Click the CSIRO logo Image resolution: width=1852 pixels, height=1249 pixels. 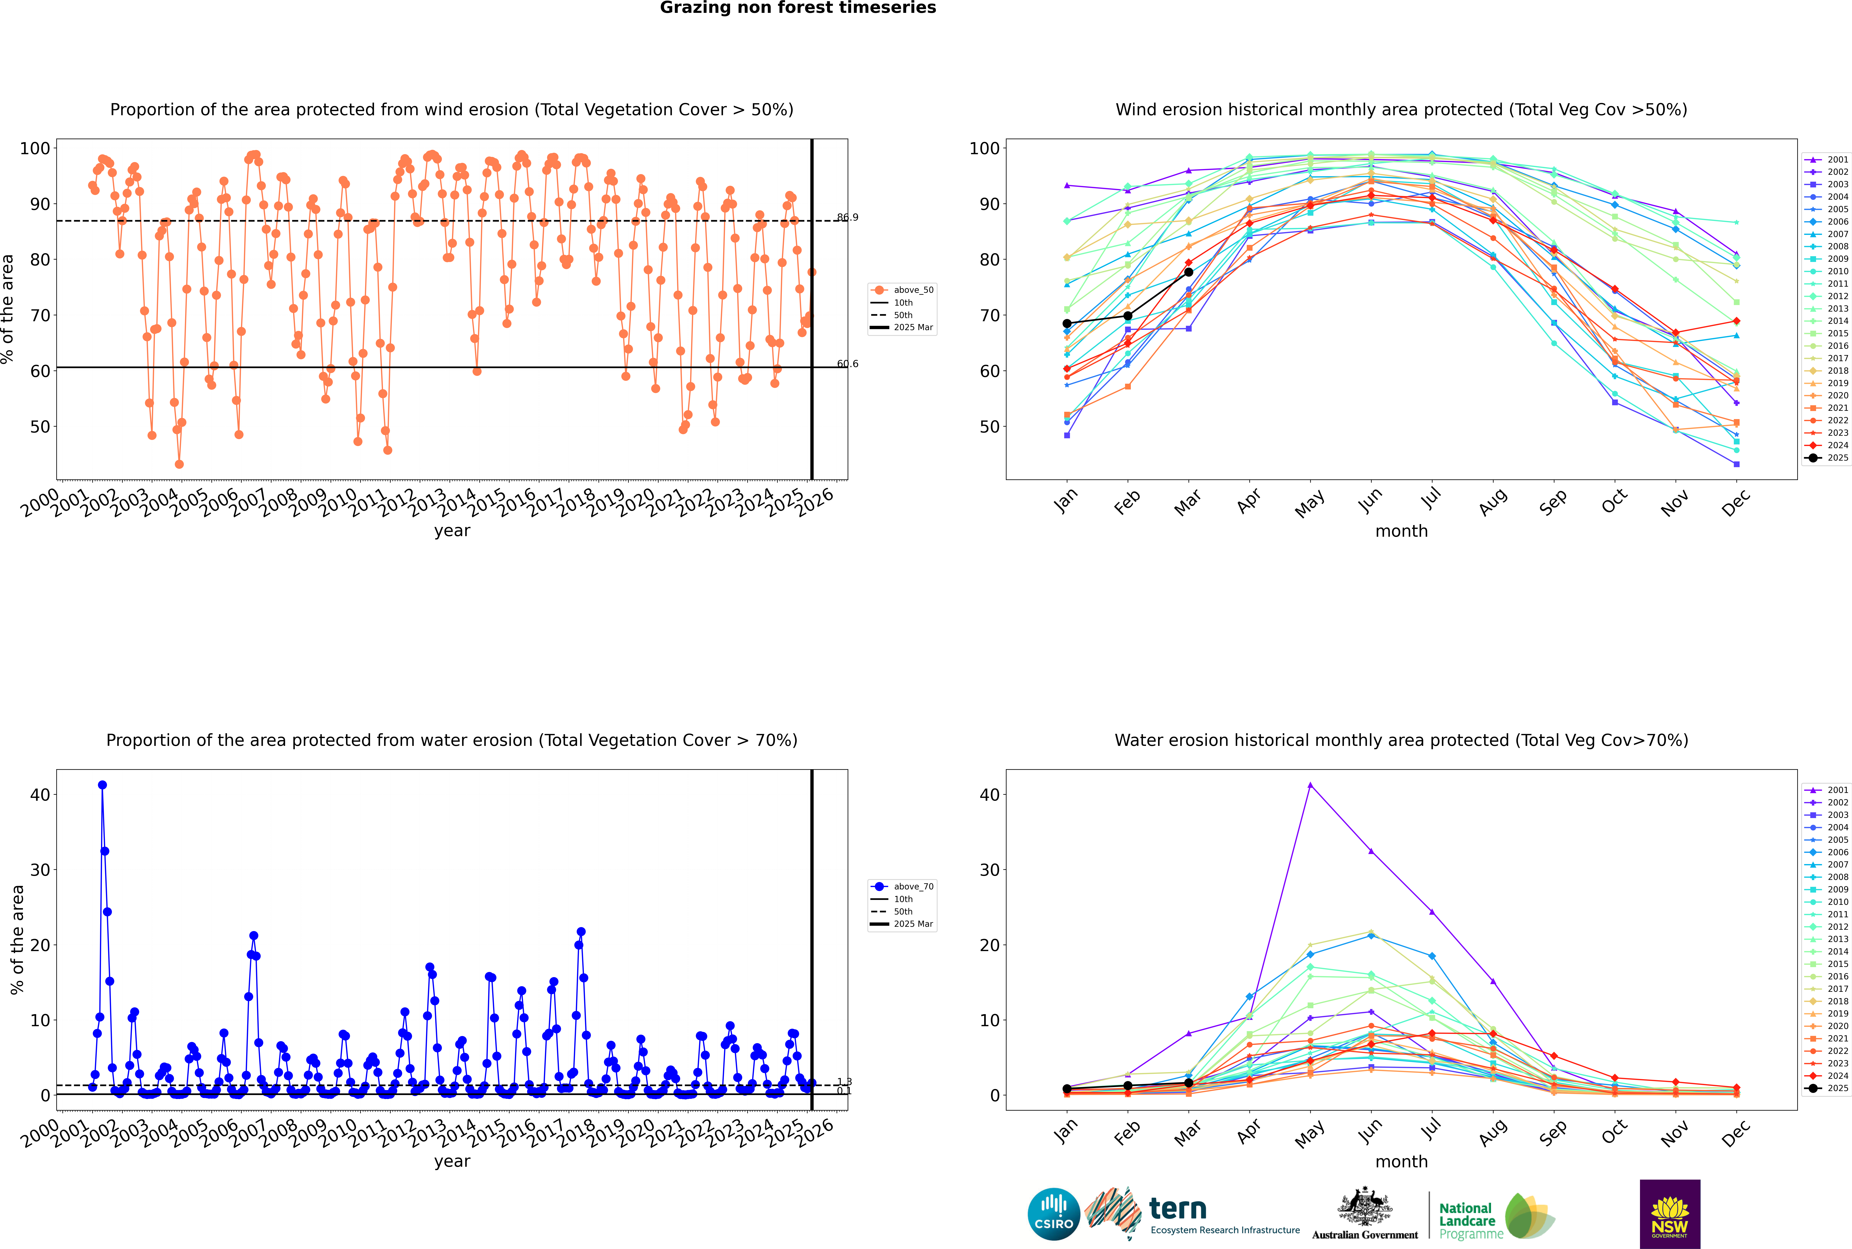click(1053, 1215)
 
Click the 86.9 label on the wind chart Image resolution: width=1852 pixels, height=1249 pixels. click(847, 217)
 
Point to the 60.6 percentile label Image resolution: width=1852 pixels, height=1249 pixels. click(847, 364)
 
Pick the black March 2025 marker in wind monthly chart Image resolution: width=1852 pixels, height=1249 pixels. click(1189, 272)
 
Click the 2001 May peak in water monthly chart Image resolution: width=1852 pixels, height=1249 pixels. click(1310, 785)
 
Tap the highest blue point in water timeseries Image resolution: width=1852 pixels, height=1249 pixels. click(102, 785)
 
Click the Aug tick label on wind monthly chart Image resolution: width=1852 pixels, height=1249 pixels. click(1492, 502)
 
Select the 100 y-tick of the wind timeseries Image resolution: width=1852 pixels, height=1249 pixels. click(35, 148)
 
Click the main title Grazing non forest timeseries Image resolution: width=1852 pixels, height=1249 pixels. click(798, 8)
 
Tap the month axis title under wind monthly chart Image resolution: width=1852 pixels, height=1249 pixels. click(1401, 531)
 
